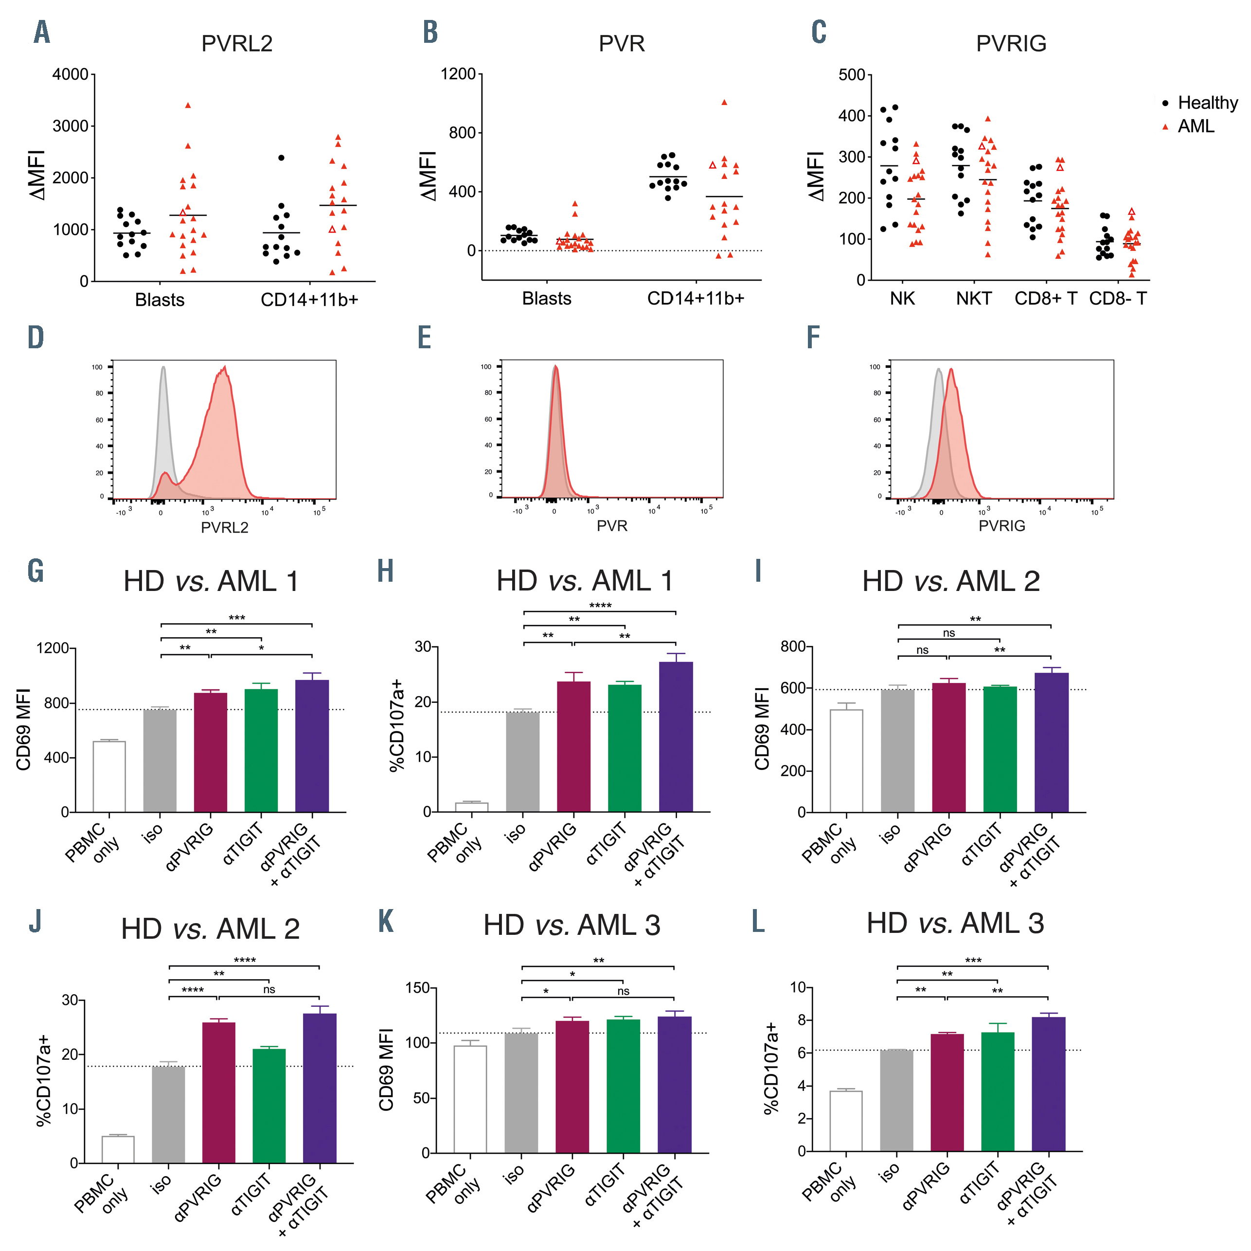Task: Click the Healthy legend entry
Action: [1206, 103]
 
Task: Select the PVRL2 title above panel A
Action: [236, 43]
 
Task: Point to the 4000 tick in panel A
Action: [70, 74]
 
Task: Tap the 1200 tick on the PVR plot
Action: [458, 74]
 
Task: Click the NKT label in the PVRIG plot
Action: [973, 299]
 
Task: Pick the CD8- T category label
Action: [1118, 299]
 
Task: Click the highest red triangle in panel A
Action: [188, 105]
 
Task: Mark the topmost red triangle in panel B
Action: [724, 102]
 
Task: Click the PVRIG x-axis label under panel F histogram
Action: [1001, 526]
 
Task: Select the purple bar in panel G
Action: [311, 745]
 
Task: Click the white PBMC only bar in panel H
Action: [471, 807]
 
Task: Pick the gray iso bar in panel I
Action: [897, 751]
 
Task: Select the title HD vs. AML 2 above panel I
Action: [950, 581]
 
